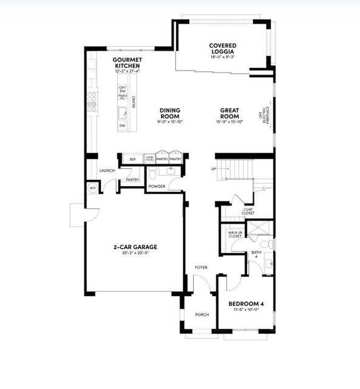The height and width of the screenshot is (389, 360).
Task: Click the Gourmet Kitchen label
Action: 127,63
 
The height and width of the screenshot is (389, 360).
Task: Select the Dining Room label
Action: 170,113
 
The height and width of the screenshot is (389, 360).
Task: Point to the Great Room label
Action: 229,113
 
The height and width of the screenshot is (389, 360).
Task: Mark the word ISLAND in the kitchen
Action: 134,102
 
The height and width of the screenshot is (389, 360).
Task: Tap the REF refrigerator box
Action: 132,159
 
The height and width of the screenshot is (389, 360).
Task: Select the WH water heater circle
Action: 93,188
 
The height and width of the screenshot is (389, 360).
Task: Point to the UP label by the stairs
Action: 213,169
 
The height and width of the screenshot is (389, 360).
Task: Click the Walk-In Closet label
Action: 235,234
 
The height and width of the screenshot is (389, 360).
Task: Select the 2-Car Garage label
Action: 135,247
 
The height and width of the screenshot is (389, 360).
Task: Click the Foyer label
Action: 201,267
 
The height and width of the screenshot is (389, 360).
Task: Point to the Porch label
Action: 202,314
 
